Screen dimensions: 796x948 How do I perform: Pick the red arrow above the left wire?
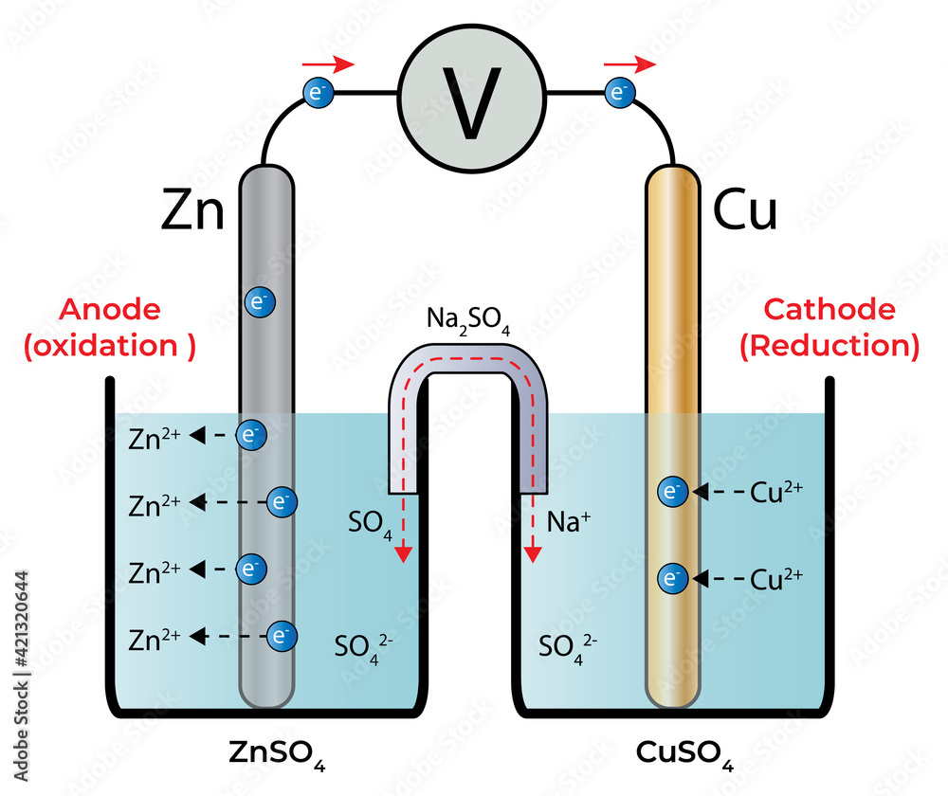(328, 64)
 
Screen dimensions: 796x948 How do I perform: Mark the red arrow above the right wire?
(629, 64)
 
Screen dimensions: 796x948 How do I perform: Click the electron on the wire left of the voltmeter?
(317, 93)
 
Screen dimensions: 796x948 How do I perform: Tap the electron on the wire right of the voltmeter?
(619, 93)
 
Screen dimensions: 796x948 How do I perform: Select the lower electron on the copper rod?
(672, 577)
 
